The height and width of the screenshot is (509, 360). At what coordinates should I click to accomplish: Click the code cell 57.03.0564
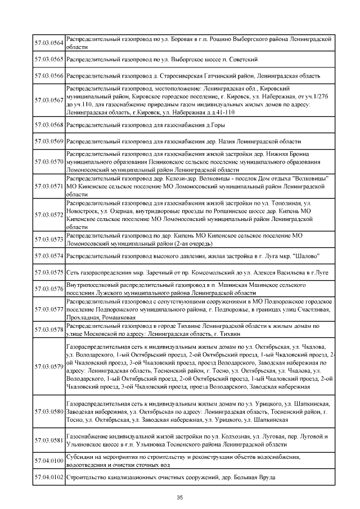tap(49, 43)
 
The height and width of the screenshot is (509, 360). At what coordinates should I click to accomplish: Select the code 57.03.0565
tap(49, 59)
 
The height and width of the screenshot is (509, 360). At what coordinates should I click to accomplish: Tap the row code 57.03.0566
tap(49, 75)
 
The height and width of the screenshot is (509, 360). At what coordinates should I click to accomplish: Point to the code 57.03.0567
tap(49, 100)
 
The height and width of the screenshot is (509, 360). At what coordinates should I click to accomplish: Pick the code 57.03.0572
tap(49, 214)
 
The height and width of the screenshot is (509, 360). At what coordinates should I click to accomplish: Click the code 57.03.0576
tap(49, 289)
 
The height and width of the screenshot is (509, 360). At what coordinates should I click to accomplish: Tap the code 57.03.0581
tap(49, 440)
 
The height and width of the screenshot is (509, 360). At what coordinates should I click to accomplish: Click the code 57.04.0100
tap(49, 461)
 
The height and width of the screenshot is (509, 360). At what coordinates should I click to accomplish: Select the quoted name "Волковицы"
tap(310, 178)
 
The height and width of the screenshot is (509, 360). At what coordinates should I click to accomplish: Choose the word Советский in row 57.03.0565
tap(242, 59)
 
